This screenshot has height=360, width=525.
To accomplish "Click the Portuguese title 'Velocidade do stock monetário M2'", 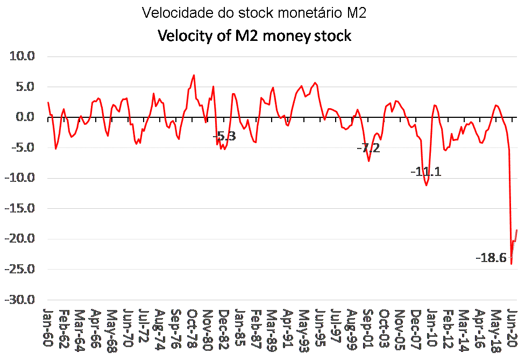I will pyautogui.click(x=254, y=13).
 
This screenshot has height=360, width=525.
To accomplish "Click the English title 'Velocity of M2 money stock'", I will pyautogui.click(x=254, y=36).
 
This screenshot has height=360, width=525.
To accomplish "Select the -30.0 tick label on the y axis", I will pyautogui.click(x=19, y=300).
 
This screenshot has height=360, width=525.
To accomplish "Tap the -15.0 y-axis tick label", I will pyautogui.click(x=19, y=209).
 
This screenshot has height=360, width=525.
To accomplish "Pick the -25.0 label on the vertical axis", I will pyautogui.click(x=19, y=270).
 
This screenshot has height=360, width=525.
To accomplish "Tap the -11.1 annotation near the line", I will pyautogui.click(x=425, y=172).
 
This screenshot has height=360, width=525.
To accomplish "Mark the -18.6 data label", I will pyautogui.click(x=491, y=258).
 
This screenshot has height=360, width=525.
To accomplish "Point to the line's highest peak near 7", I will pyautogui.click(x=194, y=75).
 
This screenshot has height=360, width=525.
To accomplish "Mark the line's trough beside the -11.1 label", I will pyautogui.click(x=427, y=185).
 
